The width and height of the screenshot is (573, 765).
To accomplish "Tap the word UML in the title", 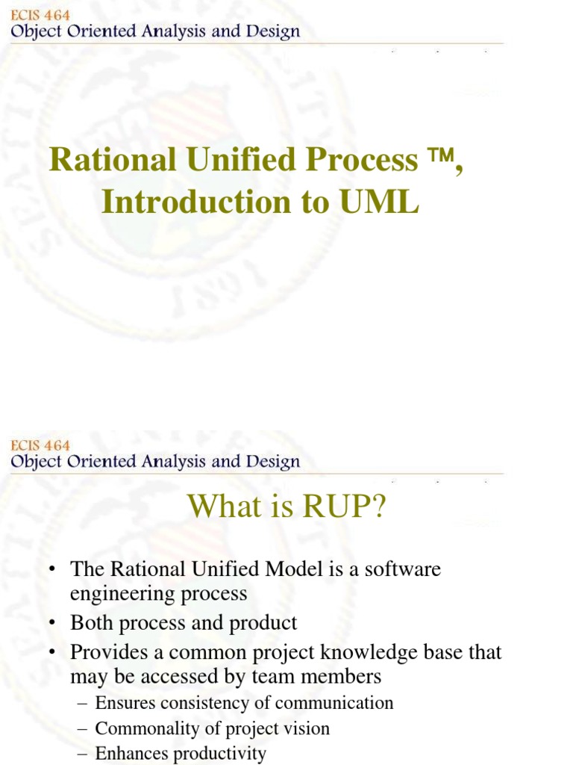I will coord(379,202).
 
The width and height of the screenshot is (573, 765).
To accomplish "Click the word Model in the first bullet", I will coord(284,569).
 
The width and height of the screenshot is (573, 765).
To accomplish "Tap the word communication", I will coord(334,703).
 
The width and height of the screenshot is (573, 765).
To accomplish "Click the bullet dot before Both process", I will coord(52,623).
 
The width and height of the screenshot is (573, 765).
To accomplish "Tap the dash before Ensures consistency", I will coord(81,704).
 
